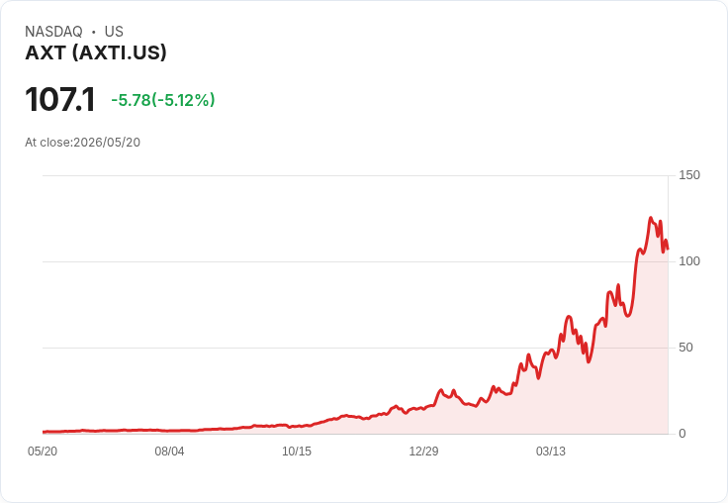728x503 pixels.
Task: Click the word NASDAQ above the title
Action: (x=53, y=32)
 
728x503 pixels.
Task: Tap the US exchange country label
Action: (x=114, y=32)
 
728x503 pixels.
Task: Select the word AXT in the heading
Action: (x=45, y=52)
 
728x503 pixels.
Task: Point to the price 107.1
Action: (x=60, y=99)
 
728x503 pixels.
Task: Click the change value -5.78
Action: (x=131, y=100)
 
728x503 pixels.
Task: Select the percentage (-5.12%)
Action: (x=183, y=100)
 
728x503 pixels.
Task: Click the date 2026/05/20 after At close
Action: (x=107, y=143)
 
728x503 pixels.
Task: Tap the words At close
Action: (x=47, y=143)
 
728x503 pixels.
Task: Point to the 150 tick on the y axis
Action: (x=689, y=175)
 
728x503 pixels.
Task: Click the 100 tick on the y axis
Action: (x=689, y=261)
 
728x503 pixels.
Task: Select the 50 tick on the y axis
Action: (x=685, y=348)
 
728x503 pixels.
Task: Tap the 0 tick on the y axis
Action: (x=682, y=434)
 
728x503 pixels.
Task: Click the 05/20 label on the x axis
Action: (x=43, y=452)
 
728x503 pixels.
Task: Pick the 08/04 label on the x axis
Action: (x=169, y=452)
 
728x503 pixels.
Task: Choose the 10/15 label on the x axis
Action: (x=297, y=452)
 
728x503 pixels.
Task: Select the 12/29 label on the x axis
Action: (x=423, y=452)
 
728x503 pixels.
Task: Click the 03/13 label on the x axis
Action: (x=551, y=452)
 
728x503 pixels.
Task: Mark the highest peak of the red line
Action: (x=651, y=218)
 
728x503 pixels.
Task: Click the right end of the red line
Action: (x=668, y=250)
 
